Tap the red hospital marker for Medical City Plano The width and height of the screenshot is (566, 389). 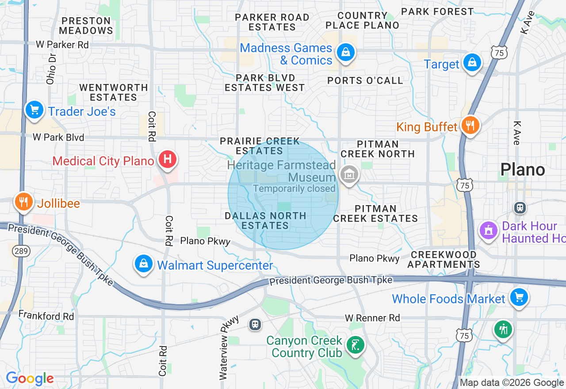click(x=167, y=159)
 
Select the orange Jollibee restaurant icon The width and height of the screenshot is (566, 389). click(x=23, y=202)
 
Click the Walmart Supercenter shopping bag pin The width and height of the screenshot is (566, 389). click(x=144, y=264)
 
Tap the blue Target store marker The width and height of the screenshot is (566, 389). click(x=472, y=63)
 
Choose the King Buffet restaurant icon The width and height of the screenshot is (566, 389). click(x=470, y=126)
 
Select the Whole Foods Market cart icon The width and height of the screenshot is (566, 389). click(x=519, y=297)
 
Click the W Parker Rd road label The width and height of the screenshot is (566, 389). click(x=62, y=45)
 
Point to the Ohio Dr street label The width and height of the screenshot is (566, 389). click(x=51, y=69)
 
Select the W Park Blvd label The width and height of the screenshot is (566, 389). click(x=58, y=137)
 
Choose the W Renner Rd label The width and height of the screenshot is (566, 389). click(x=372, y=318)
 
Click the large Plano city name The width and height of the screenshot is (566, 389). click(x=522, y=169)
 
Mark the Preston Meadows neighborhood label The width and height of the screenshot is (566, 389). click(x=86, y=26)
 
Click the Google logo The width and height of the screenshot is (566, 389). click(x=30, y=379)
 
